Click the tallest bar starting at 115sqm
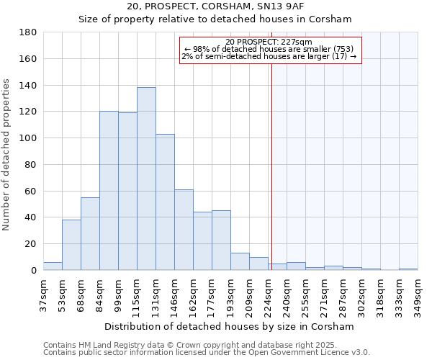[146, 179]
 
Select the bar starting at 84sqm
[109, 191]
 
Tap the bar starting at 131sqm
[165, 202]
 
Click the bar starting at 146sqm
[184, 230]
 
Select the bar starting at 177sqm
[221, 240]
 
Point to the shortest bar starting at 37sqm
[53, 266]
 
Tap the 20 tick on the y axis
[31, 244]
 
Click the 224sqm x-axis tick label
[268, 295]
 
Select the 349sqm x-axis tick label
[418, 295]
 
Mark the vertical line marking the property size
[271, 166]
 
